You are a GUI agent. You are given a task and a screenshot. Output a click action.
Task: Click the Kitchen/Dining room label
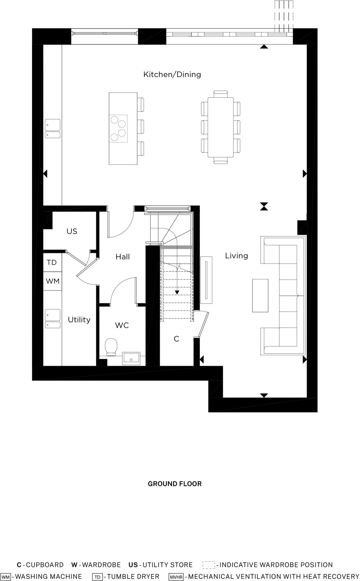(172, 74)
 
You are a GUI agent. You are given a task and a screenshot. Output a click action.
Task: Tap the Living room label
(236, 256)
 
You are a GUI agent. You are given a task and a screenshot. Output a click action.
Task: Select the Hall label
(123, 257)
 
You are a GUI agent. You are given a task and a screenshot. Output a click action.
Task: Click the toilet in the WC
(111, 346)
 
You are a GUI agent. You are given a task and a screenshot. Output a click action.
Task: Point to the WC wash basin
(131, 358)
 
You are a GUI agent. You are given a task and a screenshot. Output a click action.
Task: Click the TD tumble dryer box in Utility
(52, 262)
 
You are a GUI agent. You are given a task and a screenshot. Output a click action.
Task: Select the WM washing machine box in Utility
(53, 281)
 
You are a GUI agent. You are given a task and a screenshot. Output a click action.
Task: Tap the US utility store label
(72, 231)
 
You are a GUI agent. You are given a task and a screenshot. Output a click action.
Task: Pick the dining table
(221, 127)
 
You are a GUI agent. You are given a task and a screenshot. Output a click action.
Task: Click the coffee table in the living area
(260, 295)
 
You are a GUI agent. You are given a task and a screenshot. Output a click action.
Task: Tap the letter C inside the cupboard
(176, 339)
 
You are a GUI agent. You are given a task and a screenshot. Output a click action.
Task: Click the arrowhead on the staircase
(177, 292)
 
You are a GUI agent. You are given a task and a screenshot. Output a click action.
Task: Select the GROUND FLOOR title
(175, 484)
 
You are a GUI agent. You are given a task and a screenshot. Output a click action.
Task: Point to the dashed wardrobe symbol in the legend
(209, 565)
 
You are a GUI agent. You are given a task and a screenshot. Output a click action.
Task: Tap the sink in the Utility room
(53, 319)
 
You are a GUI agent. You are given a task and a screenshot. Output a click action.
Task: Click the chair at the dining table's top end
(221, 94)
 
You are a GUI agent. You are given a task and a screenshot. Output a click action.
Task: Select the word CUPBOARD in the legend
(45, 565)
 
